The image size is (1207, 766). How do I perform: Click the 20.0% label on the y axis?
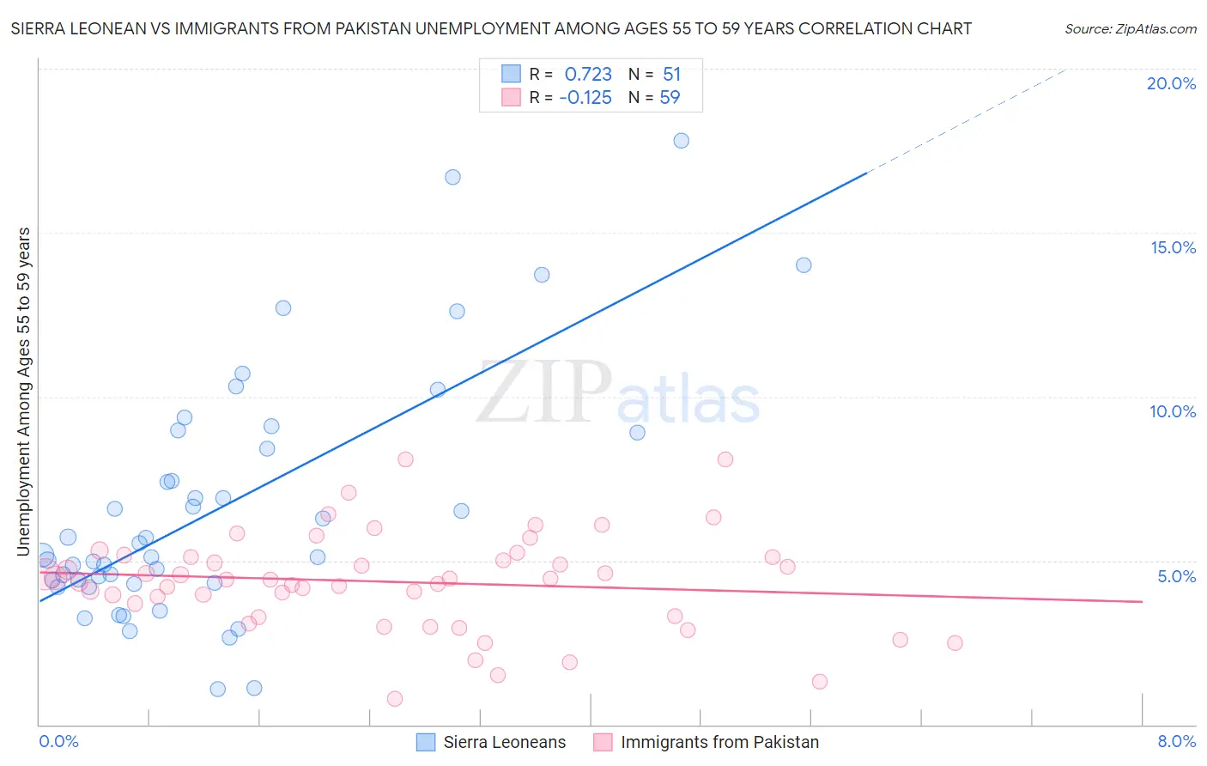[x=1171, y=83]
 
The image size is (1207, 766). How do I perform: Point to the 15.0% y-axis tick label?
[x=1173, y=247]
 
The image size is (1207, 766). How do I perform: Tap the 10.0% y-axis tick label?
[x=1173, y=411]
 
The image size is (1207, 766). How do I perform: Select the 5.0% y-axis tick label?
[x=1176, y=576]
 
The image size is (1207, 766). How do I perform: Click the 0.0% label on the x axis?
[x=58, y=741]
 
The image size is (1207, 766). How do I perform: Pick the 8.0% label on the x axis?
[x=1176, y=741]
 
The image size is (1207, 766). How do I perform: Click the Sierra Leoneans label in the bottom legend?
[x=504, y=742]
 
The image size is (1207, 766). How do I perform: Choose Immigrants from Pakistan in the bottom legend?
[x=719, y=742]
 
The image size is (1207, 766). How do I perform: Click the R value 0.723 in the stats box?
[x=588, y=75]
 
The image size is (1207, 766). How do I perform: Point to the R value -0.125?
[x=585, y=98]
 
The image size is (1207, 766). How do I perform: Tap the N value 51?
[x=671, y=75]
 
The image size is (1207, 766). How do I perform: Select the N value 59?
[x=670, y=98]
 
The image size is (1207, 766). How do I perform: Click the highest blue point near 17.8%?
[x=681, y=141]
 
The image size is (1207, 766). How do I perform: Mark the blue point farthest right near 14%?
[x=804, y=265]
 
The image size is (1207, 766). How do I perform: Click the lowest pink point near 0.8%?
[x=395, y=698]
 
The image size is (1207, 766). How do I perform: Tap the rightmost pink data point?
[x=955, y=643]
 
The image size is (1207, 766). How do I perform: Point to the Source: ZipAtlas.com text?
[x=1130, y=29]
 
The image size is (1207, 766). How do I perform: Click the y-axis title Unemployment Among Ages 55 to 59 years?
[x=24, y=391]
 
